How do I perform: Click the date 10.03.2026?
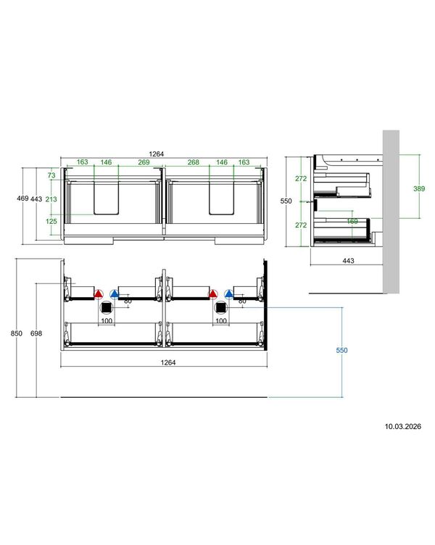[x=402, y=426]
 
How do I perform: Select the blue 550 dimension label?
[x=341, y=350]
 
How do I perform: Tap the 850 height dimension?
[x=17, y=333]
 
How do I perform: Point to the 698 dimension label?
[x=36, y=333]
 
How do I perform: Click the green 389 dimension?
[x=419, y=188]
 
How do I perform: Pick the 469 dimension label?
[x=22, y=199]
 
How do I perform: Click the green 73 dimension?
[x=51, y=175]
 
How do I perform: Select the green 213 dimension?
[x=51, y=199]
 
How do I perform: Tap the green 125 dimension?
[x=51, y=222]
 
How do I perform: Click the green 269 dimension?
[x=144, y=162]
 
